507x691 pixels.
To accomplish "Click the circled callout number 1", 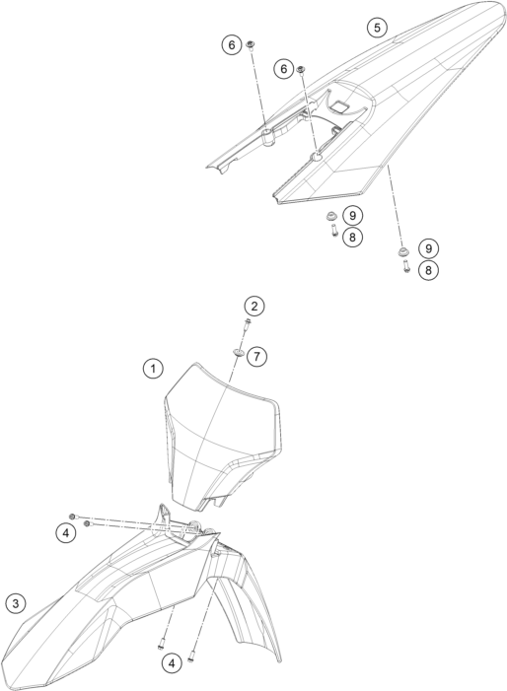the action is click(x=153, y=368).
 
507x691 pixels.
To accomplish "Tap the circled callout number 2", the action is click(x=254, y=307).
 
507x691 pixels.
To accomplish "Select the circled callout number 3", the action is click(x=16, y=603).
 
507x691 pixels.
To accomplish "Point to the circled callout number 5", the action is click(x=377, y=28).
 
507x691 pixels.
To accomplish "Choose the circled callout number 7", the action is click(x=257, y=356).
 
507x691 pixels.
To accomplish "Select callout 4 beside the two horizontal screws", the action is click(x=66, y=533).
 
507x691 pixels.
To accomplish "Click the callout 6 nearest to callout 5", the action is click(x=283, y=69).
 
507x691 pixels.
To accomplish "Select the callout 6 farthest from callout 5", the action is click(x=232, y=44).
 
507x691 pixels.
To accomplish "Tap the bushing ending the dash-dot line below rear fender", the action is click(x=402, y=251).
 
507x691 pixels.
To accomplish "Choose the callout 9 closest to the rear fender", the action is click(x=353, y=216).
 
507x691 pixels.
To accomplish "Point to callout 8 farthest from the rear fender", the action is click(x=428, y=270).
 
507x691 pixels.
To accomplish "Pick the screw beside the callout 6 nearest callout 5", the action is click(x=302, y=70).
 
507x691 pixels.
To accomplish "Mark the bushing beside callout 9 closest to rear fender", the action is click(x=330, y=216).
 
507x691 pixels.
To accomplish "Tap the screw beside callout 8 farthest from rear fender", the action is click(x=406, y=266).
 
